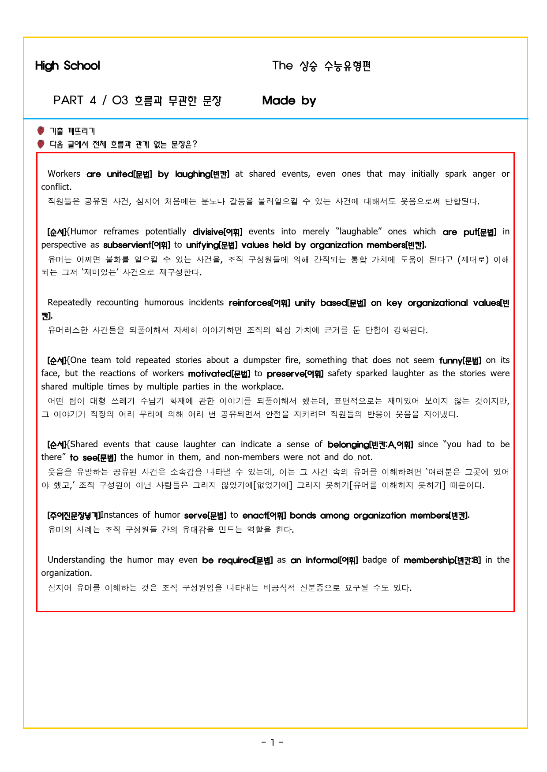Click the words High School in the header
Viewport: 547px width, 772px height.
[x=67, y=66]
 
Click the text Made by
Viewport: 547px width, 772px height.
[x=289, y=100]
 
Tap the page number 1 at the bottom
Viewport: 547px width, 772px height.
[x=272, y=742]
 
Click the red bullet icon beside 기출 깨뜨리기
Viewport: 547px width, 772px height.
[x=41, y=131]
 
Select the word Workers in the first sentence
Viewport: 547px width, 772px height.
[x=64, y=174]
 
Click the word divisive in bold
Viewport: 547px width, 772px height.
[x=208, y=232]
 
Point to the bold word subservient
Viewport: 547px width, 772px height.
[x=127, y=245]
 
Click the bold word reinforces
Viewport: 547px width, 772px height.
[x=250, y=303]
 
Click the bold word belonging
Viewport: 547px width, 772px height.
[x=348, y=445]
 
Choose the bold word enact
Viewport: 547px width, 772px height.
[x=255, y=516]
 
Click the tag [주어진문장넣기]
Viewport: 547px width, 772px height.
[x=74, y=516]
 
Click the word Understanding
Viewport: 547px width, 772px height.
[x=76, y=560]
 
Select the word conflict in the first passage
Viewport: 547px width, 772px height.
[x=56, y=187]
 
